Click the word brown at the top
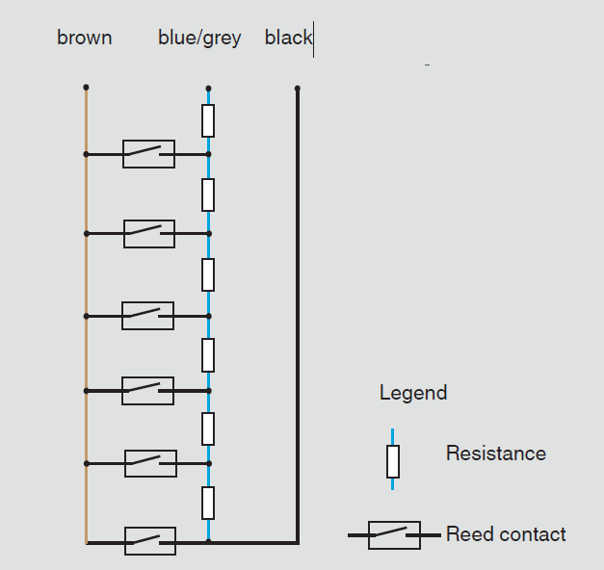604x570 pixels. tap(85, 38)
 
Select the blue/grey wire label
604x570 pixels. tap(199, 39)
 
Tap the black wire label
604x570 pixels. tap(288, 38)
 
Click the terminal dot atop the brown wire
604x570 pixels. tap(86, 88)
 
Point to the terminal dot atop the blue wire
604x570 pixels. tap(208, 89)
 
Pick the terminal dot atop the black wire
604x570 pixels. tap(298, 89)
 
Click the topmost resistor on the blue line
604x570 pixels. tap(208, 120)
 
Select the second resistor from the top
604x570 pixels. tap(208, 194)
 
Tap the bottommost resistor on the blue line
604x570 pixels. tap(208, 503)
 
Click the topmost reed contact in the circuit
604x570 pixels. tap(148, 154)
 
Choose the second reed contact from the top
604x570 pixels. tap(149, 234)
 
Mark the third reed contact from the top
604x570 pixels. tap(148, 316)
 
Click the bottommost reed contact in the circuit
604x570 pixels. tap(150, 541)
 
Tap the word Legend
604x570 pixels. tap(413, 393)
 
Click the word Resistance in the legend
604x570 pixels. tap(496, 453)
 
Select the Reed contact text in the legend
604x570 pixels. tap(506, 534)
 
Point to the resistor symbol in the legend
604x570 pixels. tap(393, 461)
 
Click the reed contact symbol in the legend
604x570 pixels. tap(394, 535)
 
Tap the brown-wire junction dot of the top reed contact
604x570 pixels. tap(86, 154)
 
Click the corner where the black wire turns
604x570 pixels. tap(298, 543)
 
